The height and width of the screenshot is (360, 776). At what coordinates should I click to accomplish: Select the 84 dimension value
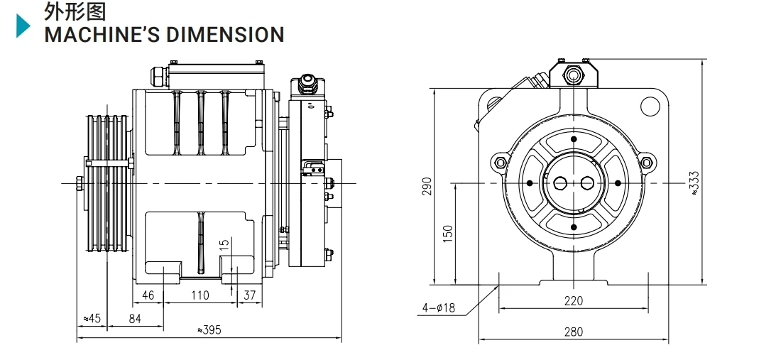[135, 319]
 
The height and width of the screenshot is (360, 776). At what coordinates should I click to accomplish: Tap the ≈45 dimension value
[92, 319]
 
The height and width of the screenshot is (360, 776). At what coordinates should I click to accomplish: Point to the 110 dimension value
[200, 295]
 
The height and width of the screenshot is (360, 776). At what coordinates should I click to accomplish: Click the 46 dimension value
[148, 295]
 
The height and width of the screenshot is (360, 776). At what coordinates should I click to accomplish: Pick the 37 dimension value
[249, 295]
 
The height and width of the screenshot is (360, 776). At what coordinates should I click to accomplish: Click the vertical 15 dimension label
[224, 246]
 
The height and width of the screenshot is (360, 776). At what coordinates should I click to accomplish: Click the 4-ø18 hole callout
[439, 307]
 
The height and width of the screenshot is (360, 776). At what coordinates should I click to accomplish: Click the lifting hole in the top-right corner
[650, 107]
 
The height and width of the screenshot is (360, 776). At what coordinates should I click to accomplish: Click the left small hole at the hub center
[560, 183]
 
